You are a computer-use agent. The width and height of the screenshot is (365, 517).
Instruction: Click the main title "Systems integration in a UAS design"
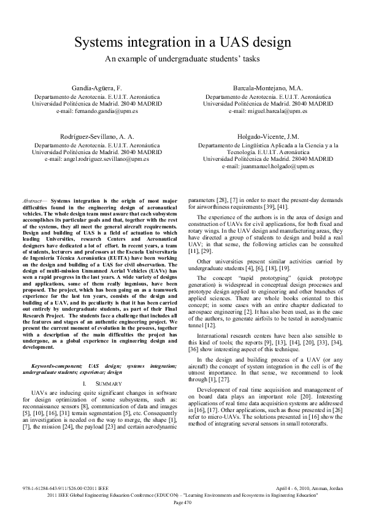182,42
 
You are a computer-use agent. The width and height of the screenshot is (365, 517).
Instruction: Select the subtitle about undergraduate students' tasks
182,59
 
